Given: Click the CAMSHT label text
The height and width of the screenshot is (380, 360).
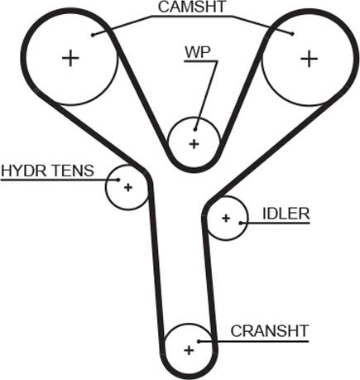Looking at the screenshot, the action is tap(192, 7).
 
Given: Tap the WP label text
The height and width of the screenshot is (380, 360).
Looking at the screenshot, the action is tap(198, 52).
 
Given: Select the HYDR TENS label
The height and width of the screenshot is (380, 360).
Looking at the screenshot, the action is tap(47, 171).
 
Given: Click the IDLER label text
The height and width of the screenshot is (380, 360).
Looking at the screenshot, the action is tap(286, 214).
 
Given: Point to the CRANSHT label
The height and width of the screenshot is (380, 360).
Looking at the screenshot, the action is tap(270, 331).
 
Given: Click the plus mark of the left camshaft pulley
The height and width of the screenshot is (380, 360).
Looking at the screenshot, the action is tap(70, 58).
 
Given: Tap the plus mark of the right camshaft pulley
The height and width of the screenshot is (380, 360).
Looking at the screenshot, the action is tap(309, 59).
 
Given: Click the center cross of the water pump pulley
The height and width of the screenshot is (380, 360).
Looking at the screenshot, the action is tap(194, 144).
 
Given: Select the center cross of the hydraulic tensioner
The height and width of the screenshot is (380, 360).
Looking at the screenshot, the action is tap(128, 188).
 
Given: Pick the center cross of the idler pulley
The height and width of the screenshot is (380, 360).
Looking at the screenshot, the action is tap(226, 219).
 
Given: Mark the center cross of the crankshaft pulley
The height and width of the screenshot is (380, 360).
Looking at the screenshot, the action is tap(189, 350).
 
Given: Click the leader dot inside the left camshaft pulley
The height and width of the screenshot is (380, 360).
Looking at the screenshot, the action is tap(93, 35).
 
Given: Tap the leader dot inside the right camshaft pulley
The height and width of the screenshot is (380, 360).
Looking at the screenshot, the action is tap(292, 34).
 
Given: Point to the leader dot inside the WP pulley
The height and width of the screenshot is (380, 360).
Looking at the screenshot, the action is tap(195, 129).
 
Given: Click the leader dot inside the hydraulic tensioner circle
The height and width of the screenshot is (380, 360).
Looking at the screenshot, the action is tap(118, 180).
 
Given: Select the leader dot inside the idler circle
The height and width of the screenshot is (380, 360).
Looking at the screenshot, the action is tap(241, 223).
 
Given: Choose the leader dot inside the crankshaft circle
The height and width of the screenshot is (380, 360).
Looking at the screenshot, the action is tap(199, 341).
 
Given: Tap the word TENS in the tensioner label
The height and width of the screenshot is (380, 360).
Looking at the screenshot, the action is tap(74, 171).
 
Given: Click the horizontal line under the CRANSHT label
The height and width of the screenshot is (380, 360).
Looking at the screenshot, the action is tap(253, 341).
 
